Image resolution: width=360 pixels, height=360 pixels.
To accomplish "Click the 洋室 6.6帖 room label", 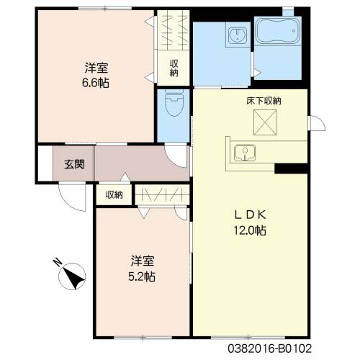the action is (96, 75).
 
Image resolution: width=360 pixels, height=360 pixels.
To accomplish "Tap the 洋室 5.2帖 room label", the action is (142, 269).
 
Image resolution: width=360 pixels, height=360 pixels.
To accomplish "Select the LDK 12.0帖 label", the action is (250, 222).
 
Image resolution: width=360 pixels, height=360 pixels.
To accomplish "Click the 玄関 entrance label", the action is (74, 164).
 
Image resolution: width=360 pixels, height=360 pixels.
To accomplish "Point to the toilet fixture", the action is (174, 102).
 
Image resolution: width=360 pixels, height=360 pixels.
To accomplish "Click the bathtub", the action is (278, 31).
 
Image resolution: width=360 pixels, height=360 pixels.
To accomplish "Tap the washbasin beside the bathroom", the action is (238, 34).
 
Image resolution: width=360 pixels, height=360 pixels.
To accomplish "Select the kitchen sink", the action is (245, 153).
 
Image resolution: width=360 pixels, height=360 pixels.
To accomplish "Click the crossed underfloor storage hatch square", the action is (265, 122).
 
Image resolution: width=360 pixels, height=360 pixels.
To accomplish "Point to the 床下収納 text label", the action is (264, 101).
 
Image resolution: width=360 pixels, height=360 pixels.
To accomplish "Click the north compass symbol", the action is (73, 276).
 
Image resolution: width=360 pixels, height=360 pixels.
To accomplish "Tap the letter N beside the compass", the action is (57, 261).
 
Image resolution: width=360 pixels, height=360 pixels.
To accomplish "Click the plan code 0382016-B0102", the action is (269, 348).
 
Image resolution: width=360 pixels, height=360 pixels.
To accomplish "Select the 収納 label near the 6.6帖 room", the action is (174, 68).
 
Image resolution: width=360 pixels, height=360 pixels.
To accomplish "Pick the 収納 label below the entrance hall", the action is (114, 194).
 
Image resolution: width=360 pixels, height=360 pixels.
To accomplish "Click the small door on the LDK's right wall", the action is (317, 123).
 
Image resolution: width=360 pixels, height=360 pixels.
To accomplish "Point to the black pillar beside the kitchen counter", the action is (291, 168).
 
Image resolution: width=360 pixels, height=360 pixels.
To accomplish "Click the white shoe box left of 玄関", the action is (45, 163).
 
